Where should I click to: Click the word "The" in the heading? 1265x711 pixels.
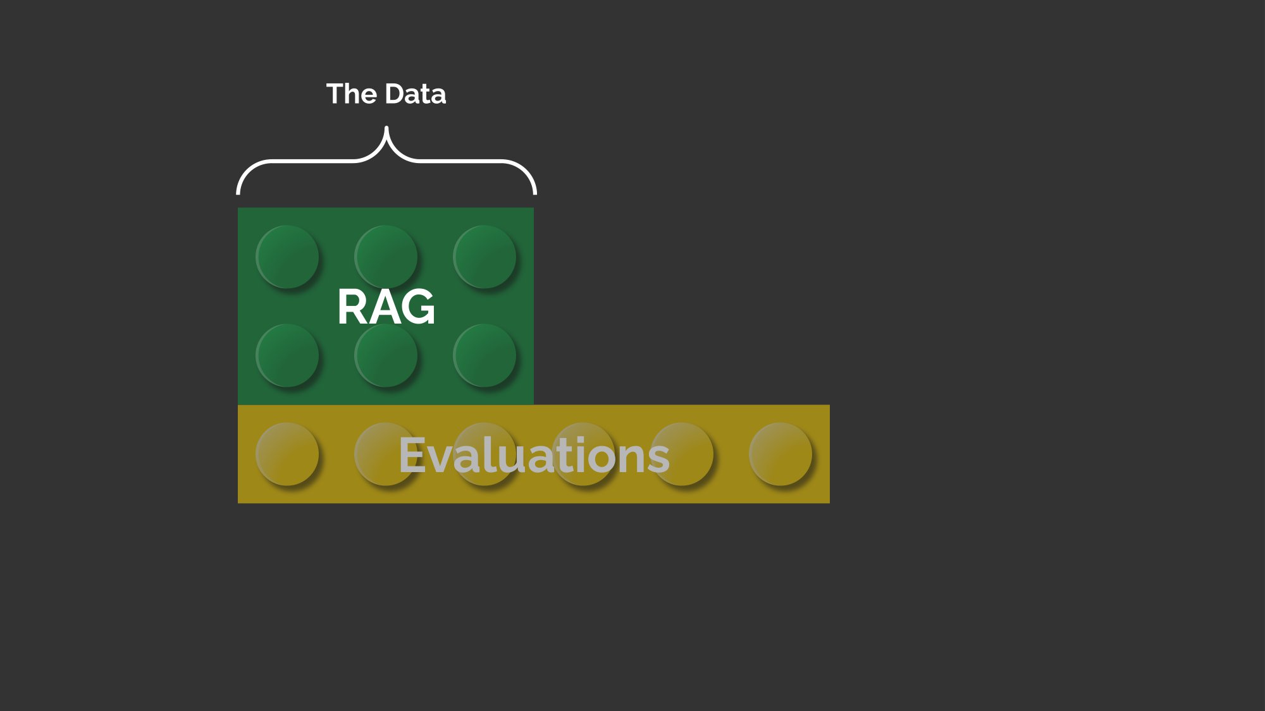click(x=352, y=94)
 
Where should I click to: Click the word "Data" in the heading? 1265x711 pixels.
click(x=416, y=94)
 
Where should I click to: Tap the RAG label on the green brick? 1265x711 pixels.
click(x=386, y=307)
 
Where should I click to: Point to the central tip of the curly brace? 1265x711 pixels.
click(x=386, y=128)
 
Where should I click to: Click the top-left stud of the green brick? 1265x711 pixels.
click(x=287, y=257)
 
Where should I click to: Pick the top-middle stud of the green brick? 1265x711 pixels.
click(x=386, y=257)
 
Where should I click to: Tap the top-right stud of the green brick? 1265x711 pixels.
click(x=484, y=257)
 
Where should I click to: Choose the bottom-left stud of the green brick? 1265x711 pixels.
click(x=287, y=356)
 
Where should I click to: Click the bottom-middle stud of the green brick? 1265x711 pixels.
click(x=386, y=356)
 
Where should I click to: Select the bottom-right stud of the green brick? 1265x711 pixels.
click(x=484, y=356)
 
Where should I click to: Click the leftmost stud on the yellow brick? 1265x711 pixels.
click(x=287, y=454)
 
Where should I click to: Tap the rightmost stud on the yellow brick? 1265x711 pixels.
click(x=781, y=454)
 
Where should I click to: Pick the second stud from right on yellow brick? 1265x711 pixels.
click(x=682, y=454)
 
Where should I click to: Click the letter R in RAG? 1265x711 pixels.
click(x=352, y=307)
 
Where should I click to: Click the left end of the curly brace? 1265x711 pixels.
click(x=238, y=193)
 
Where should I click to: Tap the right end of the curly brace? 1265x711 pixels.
click(x=534, y=193)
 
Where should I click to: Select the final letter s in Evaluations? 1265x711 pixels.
click(x=658, y=459)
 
